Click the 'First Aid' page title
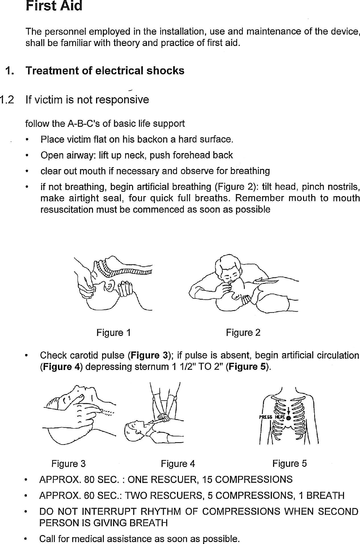pos(54,6)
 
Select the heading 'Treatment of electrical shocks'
pos(105,71)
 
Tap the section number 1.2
pos(7,100)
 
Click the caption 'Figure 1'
pos(113,333)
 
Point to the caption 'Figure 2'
pos(243,333)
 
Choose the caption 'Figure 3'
pos(68,464)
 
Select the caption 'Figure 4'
pos(178,464)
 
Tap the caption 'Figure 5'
pos(289,464)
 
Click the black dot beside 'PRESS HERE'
pos(289,418)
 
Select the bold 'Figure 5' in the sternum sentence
pos(248,367)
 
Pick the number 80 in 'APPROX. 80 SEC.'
pos(89,480)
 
